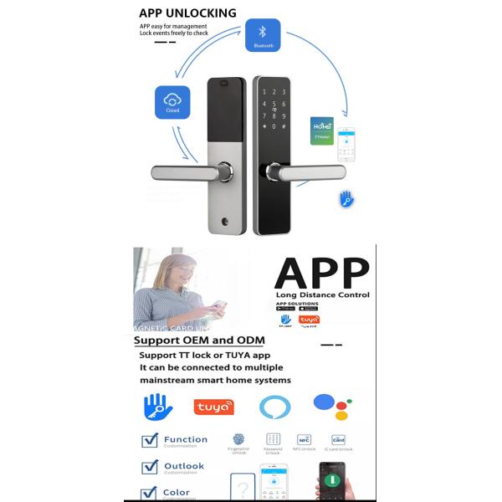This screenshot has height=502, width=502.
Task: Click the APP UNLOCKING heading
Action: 188,13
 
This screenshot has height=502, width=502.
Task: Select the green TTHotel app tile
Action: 322,131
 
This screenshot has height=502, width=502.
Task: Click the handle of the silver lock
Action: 183,172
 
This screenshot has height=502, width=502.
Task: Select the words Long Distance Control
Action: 322,295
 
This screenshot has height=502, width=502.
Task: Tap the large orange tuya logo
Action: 213,406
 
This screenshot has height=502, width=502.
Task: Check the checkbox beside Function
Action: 150,441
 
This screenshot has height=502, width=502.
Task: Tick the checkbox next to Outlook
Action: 150,467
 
